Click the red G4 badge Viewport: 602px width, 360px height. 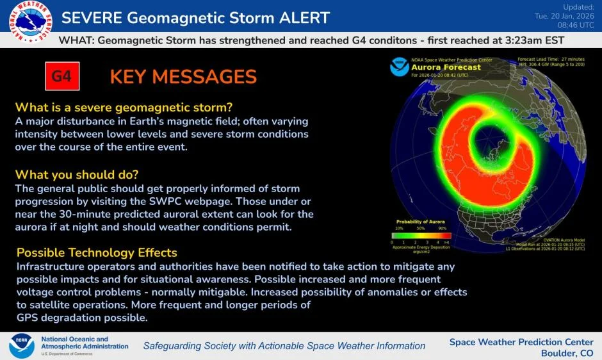tap(61, 76)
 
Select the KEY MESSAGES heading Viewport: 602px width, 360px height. tap(183, 77)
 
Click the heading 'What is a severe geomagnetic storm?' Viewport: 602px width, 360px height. tap(124, 107)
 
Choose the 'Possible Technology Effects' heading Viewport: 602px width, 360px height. tap(97, 252)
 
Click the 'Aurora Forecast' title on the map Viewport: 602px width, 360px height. tap(446, 67)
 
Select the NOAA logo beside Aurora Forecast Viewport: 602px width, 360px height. tap(400, 67)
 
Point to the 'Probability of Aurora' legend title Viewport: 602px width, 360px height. tap(418, 221)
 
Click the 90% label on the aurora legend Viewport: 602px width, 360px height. tap(443, 228)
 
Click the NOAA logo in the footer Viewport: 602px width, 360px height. tap(22, 346)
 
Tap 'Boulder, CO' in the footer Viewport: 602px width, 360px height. tap(567, 353)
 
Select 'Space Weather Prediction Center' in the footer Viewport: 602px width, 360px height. tap(521, 341)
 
